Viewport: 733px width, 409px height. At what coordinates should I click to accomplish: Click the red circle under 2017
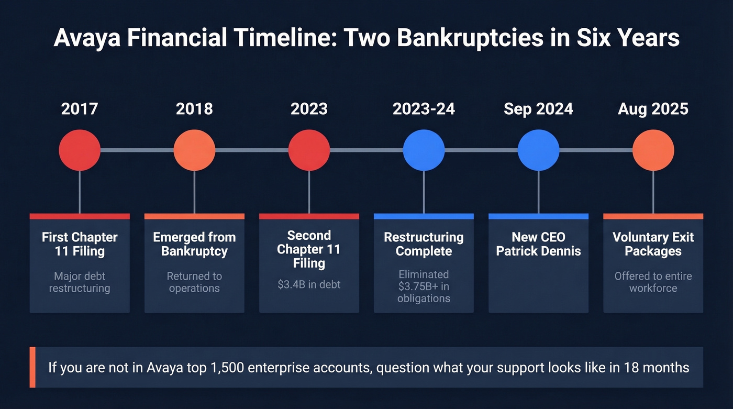coord(80,150)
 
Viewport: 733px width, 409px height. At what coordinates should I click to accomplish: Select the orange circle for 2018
coord(194,150)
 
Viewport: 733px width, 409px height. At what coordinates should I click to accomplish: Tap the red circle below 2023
coord(309,150)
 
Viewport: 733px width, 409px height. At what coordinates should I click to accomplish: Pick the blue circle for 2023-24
coord(424,150)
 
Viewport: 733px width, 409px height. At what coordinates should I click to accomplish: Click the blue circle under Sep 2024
coord(538,150)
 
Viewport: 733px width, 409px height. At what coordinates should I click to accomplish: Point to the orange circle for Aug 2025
coord(653,150)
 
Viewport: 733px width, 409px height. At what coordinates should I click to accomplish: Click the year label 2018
coord(194,109)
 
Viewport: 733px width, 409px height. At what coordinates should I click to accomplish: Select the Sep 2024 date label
coord(538,109)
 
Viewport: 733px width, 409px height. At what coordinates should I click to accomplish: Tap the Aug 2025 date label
coord(653,109)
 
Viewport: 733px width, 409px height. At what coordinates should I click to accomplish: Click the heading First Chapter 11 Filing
coord(80,244)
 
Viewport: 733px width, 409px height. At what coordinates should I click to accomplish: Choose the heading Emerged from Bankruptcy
coord(194,244)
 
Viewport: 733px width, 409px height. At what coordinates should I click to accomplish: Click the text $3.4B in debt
coord(309,285)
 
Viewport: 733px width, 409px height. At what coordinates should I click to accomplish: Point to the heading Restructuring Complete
coord(424,244)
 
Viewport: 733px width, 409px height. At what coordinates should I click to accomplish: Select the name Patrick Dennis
coord(538,251)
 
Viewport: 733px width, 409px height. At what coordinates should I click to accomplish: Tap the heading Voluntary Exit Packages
coord(653,244)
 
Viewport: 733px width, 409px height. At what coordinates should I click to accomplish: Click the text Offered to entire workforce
coord(653,282)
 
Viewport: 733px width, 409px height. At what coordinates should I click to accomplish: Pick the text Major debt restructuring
coord(80,282)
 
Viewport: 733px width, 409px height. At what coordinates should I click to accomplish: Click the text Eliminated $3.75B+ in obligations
coord(424,286)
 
